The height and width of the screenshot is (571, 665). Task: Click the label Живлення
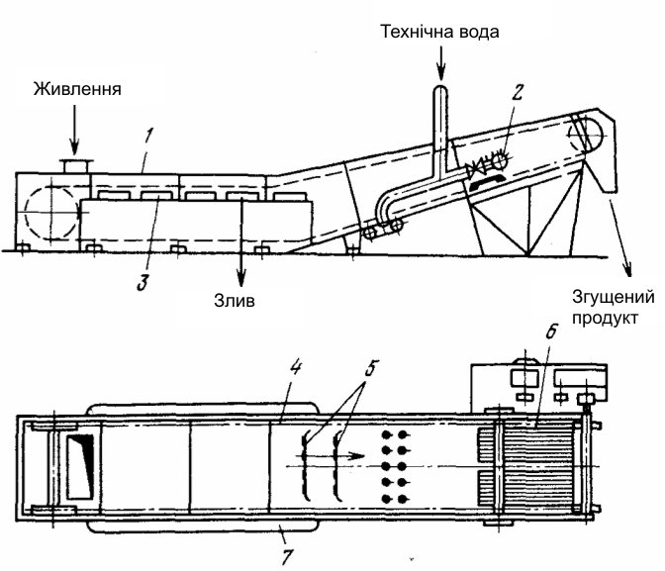point(77,89)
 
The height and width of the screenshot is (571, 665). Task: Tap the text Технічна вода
point(439,32)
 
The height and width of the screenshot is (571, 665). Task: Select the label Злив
point(235,301)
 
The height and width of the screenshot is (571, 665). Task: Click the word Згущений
point(614,298)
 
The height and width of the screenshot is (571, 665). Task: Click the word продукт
point(605,319)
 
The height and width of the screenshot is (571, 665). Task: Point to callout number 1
point(147,137)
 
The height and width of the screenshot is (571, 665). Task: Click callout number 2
point(518,92)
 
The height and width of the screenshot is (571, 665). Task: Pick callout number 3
point(142,282)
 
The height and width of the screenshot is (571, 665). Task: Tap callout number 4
point(295,367)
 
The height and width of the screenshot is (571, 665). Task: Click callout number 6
point(550,333)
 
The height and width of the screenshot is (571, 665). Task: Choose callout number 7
point(287,556)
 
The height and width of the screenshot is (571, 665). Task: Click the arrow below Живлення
point(74,130)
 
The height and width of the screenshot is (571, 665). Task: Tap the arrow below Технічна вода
point(441,63)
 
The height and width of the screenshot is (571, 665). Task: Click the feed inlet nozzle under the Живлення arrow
point(76,166)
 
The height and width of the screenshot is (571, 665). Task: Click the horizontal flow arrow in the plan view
point(330,456)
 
